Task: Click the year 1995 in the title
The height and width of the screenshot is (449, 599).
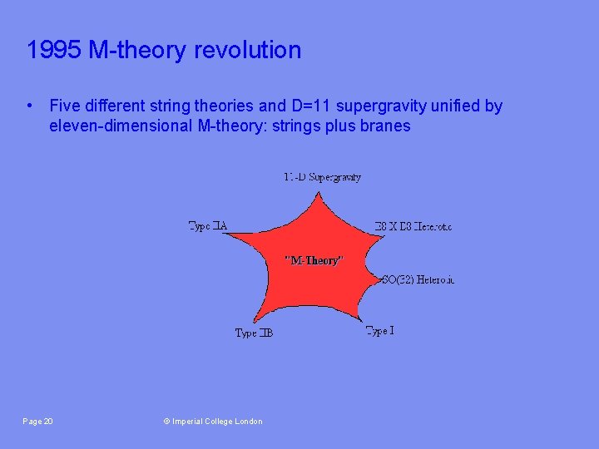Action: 53,50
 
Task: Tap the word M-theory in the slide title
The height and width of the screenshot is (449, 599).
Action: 138,50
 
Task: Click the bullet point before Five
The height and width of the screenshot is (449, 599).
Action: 30,106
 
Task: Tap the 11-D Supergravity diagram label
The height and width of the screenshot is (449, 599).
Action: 322,177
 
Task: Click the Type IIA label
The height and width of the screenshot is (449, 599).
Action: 208,226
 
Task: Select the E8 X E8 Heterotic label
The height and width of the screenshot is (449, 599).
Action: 413,226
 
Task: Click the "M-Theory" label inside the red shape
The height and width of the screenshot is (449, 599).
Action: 313,260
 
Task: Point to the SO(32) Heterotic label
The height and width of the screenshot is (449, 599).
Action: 418,280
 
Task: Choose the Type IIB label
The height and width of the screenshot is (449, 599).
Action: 254,333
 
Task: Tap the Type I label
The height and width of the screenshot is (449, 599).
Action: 380,331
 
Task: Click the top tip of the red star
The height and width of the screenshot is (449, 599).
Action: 317,194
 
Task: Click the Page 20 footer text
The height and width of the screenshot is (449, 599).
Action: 37,422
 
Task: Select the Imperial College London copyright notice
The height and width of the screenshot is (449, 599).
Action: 213,422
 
